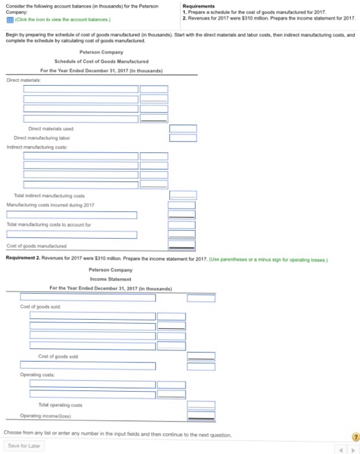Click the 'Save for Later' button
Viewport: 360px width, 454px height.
(x=24, y=446)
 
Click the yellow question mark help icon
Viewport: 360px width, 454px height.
(x=354, y=437)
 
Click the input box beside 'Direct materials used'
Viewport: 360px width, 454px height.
(x=178, y=128)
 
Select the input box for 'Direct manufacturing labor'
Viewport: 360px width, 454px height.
(x=178, y=137)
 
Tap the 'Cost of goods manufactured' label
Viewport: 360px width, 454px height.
(x=36, y=246)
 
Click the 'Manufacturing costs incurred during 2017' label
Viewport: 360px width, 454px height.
(x=50, y=204)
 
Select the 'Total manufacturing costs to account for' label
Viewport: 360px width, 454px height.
(x=49, y=225)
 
